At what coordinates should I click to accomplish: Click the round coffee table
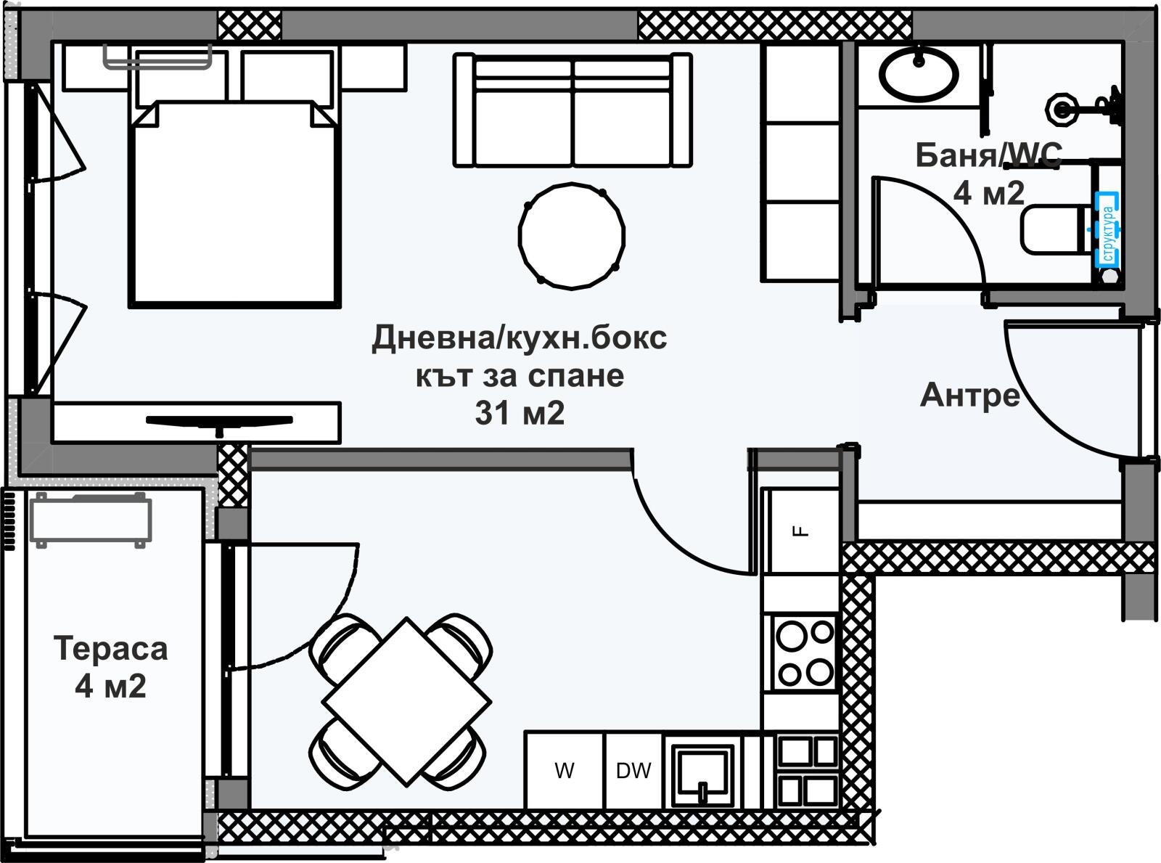572,235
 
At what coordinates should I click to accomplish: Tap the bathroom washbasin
919,72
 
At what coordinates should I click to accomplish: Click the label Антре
969,396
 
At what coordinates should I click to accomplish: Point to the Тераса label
111,648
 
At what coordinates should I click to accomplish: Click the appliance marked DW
633,771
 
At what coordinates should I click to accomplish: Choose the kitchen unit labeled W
565,771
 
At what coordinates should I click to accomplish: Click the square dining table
406,701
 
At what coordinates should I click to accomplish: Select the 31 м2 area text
520,414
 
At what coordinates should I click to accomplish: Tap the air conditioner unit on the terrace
91,519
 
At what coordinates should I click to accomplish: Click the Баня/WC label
988,155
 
